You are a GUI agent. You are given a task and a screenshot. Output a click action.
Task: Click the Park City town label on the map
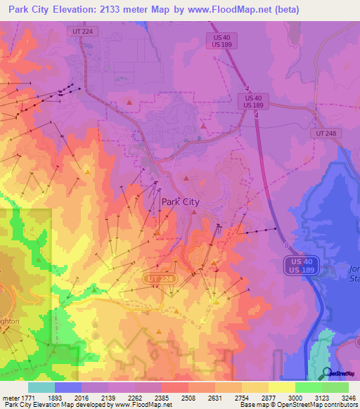[x=181, y=202]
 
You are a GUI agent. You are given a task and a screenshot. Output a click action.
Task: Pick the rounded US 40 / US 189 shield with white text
[x=302, y=266]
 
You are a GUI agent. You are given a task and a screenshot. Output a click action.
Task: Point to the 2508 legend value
[x=188, y=397]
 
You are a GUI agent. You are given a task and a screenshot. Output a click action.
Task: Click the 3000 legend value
[x=295, y=397]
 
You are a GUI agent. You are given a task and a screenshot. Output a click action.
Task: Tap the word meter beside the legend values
[x=10, y=397]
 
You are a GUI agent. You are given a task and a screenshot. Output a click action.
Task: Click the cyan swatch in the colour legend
[x=41, y=387]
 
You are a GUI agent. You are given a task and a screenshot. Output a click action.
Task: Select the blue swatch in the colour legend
[x=67, y=387]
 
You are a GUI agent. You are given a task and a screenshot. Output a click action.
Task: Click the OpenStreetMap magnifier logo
[x=326, y=373]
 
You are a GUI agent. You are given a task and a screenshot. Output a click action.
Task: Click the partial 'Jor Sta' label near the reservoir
[x=353, y=273]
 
